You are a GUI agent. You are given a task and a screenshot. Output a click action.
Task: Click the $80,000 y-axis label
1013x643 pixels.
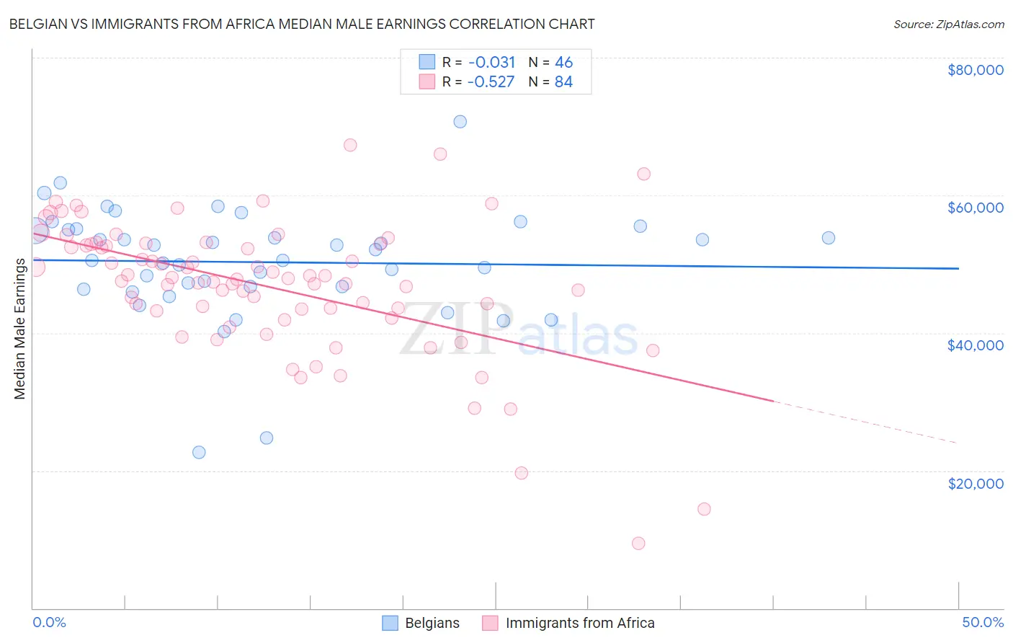tap(975, 70)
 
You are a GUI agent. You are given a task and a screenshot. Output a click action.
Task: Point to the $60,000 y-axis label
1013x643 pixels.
tap(975, 208)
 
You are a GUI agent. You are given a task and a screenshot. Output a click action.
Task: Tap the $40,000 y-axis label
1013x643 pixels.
tap(975, 345)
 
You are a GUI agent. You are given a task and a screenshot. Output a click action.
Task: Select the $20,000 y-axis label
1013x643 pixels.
tap(975, 483)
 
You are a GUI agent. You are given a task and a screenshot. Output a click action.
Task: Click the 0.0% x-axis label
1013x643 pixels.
tap(49, 622)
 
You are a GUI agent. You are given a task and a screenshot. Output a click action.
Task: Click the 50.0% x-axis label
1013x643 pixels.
tap(982, 622)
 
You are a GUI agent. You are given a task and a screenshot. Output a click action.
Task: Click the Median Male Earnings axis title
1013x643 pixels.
tap(19, 329)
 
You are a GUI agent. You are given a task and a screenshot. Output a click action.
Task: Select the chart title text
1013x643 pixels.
tap(302, 24)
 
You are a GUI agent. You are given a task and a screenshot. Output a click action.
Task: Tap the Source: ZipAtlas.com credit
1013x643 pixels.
tap(948, 24)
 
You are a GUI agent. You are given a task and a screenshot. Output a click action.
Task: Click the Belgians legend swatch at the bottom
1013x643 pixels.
tap(390, 623)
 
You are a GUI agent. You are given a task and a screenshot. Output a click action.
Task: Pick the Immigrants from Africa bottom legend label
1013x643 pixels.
tap(580, 623)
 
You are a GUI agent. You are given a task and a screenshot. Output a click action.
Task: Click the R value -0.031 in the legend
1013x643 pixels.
tap(491, 62)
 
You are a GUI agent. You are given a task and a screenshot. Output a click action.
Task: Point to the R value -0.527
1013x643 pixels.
tap(491, 81)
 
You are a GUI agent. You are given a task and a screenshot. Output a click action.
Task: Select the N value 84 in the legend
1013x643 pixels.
tap(563, 81)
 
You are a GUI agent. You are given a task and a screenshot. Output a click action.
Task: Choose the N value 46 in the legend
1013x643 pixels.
tap(563, 62)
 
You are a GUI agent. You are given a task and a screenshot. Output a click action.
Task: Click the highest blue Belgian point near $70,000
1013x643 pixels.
tap(460, 121)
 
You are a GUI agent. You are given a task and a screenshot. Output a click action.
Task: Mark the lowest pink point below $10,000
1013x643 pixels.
tap(638, 544)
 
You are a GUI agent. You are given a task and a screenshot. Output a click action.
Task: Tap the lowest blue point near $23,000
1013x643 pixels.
tap(199, 452)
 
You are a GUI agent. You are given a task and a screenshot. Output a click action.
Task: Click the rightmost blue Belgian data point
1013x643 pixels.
tap(829, 238)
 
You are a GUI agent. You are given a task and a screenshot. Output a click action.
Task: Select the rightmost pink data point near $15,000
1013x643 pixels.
tap(704, 509)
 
